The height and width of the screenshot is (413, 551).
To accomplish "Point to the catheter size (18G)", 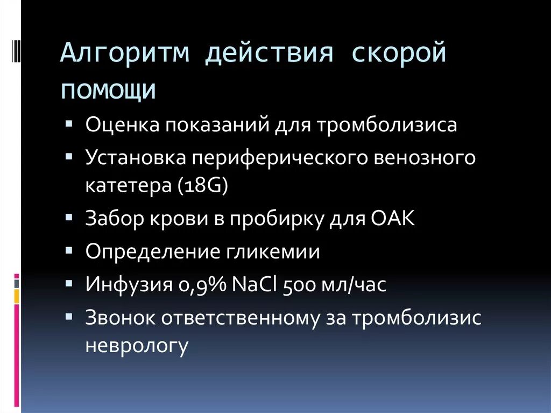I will (202, 185).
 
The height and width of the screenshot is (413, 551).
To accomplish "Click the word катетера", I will (128, 185).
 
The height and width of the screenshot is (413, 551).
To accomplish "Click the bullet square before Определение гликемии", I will (71, 251).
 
